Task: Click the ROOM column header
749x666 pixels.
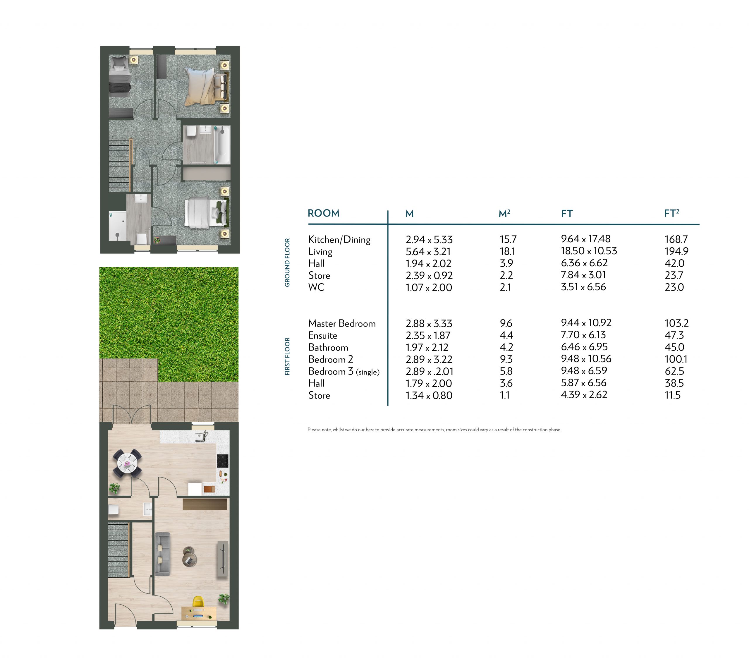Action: [x=323, y=213]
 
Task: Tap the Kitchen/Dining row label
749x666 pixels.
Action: [x=339, y=240]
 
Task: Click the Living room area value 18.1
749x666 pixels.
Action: [x=507, y=251]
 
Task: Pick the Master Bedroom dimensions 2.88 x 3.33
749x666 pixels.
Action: [x=429, y=324]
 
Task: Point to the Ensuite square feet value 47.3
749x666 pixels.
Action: [x=674, y=335]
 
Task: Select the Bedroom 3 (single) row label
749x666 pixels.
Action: [x=344, y=372]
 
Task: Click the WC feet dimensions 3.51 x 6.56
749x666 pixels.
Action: [x=583, y=287]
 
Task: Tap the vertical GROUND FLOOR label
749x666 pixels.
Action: [x=287, y=262]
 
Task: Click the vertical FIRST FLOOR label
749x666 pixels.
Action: [x=287, y=356]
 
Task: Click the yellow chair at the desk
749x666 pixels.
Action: [x=198, y=602]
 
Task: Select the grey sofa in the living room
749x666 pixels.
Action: [x=163, y=553]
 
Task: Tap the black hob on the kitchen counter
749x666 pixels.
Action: [x=222, y=461]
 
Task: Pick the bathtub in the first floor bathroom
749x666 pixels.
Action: [x=222, y=145]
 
